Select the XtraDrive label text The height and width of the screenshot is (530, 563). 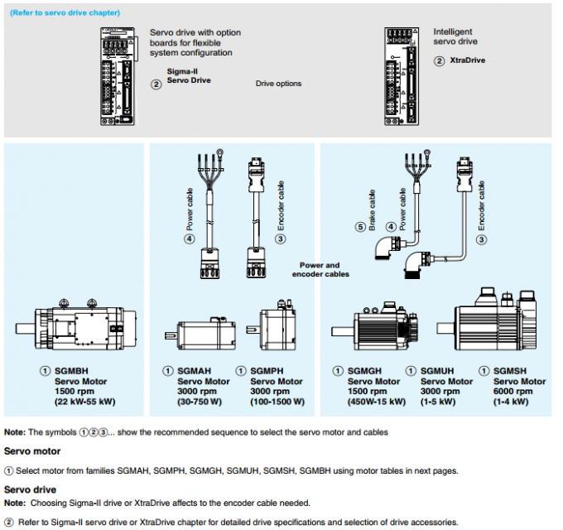pos(466,61)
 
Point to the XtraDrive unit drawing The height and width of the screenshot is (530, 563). pos(404,75)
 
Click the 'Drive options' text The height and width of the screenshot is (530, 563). pos(278,84)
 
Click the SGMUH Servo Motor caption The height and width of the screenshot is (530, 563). pos(443,381)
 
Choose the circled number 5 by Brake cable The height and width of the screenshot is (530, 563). pos(361,227)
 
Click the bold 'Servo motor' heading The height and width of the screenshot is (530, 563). pos(32,451)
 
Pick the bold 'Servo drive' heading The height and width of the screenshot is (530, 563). pos(30,490)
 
